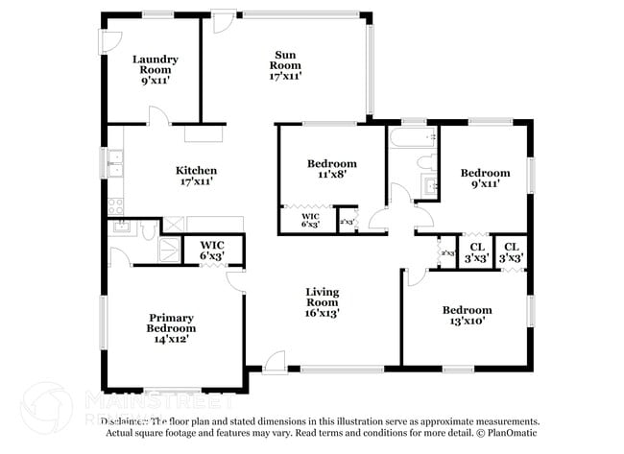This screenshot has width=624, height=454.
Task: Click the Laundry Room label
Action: (156, 64)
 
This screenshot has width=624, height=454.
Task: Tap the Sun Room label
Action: (286, 60)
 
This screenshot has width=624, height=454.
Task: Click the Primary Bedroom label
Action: (170, 323)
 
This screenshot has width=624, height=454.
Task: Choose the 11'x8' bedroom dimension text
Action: (331, 175)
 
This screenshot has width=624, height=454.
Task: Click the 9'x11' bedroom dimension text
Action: (485, 184)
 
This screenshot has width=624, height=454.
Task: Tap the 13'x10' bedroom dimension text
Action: (467, 322)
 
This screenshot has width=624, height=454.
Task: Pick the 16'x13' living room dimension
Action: (322, 312)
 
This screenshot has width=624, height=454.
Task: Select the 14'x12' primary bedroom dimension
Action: (170, 337)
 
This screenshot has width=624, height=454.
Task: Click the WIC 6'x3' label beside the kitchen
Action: (211, 251)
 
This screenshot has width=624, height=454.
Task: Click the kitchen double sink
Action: (114, 164)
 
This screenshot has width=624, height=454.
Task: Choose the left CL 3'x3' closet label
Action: (475, 252)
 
